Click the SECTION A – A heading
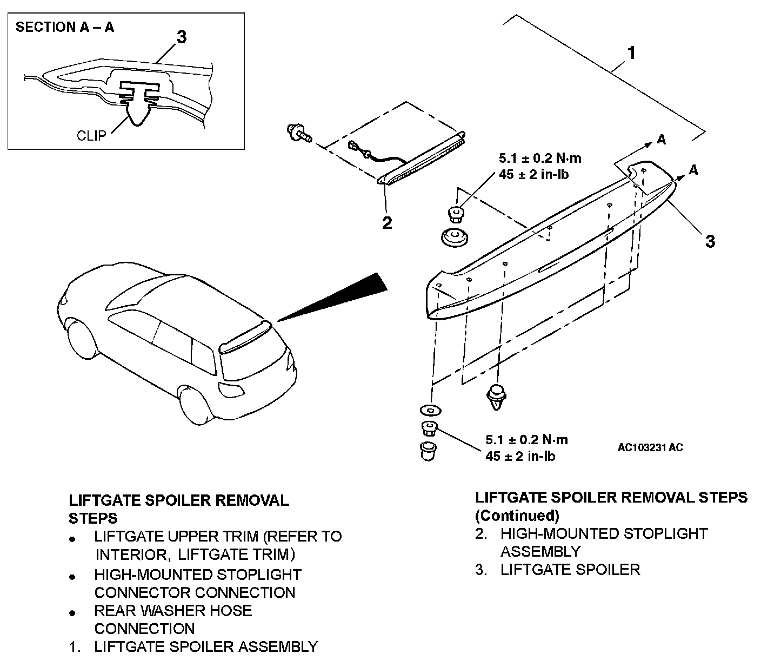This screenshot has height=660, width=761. coord(65,27)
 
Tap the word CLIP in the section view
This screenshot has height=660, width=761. coord(91,135)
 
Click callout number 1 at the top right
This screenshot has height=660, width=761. coord(630,54)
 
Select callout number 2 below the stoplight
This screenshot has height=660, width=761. coord(387,222)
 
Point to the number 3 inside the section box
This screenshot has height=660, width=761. coord(182,37)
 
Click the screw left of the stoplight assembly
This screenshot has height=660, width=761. coord(299,132)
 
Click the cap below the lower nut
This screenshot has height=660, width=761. coord(429,451)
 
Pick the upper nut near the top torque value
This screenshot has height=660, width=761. coord(456,215)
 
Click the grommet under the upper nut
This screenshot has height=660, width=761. coord(456,237)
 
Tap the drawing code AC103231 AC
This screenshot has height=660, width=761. coord(650,447)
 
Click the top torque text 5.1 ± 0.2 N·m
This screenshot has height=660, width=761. coord(539,159)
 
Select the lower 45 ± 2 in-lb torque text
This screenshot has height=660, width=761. coord(520,456)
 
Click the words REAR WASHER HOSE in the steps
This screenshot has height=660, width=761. coord(173,611)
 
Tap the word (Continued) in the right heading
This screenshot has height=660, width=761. coord(517,514)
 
